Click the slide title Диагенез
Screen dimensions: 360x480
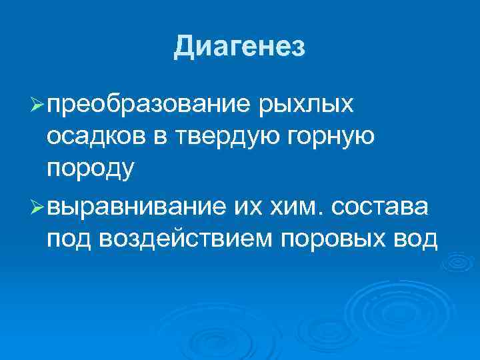(x=240, y=47)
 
